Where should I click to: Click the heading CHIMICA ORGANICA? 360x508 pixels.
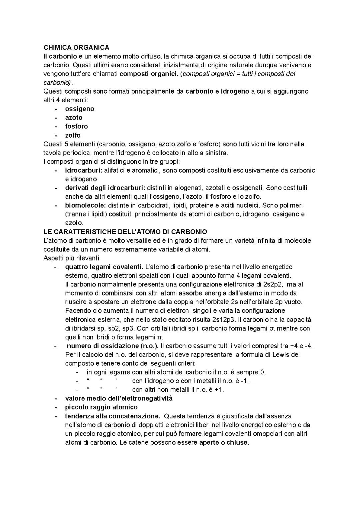click(x=76, y=48)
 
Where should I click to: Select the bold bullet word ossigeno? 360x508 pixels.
click(x=80, y=109)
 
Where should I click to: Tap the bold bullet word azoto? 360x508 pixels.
click(x=74, y=118)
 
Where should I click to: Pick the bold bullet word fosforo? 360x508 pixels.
click(x=77, y=126)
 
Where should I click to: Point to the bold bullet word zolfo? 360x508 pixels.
click(x=73, y=135)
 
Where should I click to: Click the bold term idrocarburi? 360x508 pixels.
click(x=84, y=171)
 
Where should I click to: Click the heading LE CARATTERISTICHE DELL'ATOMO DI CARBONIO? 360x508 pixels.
click(x=125, y=232)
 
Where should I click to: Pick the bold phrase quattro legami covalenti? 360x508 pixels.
click(x=104, y=267)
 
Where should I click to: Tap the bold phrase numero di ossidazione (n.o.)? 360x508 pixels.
click(x=113, y=346)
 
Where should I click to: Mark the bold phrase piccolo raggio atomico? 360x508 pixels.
click(x=101, y=407)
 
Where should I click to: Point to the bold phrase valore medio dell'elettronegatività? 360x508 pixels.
click(x=119, y=398)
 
